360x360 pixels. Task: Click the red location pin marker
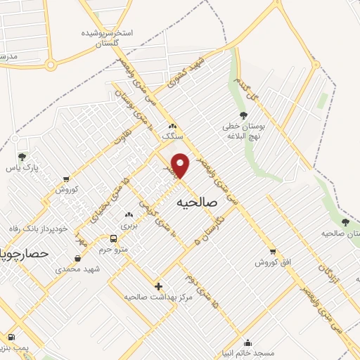click(181, 165)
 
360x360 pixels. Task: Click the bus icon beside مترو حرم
click(114, 238)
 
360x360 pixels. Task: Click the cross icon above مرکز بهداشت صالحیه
click(160, 285)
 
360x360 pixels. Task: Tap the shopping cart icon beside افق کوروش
click(272, 251)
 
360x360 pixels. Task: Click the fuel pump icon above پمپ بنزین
click(11, 337)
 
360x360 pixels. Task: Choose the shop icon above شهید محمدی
click(78, 258)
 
